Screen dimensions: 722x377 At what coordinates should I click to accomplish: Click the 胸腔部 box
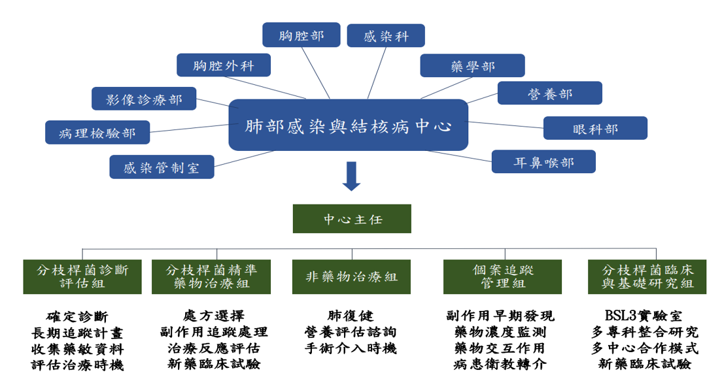click(301, 35)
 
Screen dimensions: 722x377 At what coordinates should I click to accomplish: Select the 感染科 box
click(386, 36)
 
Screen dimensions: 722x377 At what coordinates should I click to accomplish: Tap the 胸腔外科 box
click(224, 65)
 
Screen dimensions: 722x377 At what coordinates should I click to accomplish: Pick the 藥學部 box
click(472, 66)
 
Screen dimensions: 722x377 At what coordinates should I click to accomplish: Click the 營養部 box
click(550, 93)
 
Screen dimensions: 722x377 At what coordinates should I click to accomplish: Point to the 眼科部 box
click(595, 128)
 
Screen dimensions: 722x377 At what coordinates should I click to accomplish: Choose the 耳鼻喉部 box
click(544, 162)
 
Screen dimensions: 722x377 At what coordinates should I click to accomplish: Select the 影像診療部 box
click(144, 99)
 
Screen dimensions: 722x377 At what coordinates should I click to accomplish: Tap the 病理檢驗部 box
click(97, 133)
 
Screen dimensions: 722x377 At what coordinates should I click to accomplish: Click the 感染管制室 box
click(162, 167)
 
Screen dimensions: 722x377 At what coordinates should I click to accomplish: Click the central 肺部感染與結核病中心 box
click(349, 125)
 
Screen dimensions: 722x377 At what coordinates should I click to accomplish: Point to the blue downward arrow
click(352, 176)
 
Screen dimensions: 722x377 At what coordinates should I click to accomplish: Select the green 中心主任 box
click(352, 219)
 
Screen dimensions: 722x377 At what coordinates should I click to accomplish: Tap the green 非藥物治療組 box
click(352, 277)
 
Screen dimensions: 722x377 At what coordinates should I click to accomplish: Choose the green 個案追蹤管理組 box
click(503, 277)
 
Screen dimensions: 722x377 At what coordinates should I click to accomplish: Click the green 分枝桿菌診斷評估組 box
click(82, 277)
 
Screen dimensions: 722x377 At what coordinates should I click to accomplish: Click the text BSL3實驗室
click(644, 316)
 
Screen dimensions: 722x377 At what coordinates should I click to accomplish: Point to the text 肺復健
click(351, 316)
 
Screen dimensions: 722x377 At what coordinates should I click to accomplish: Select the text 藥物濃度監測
click(500, 332)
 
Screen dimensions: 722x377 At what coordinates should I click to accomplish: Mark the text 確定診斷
click(77, 317)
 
